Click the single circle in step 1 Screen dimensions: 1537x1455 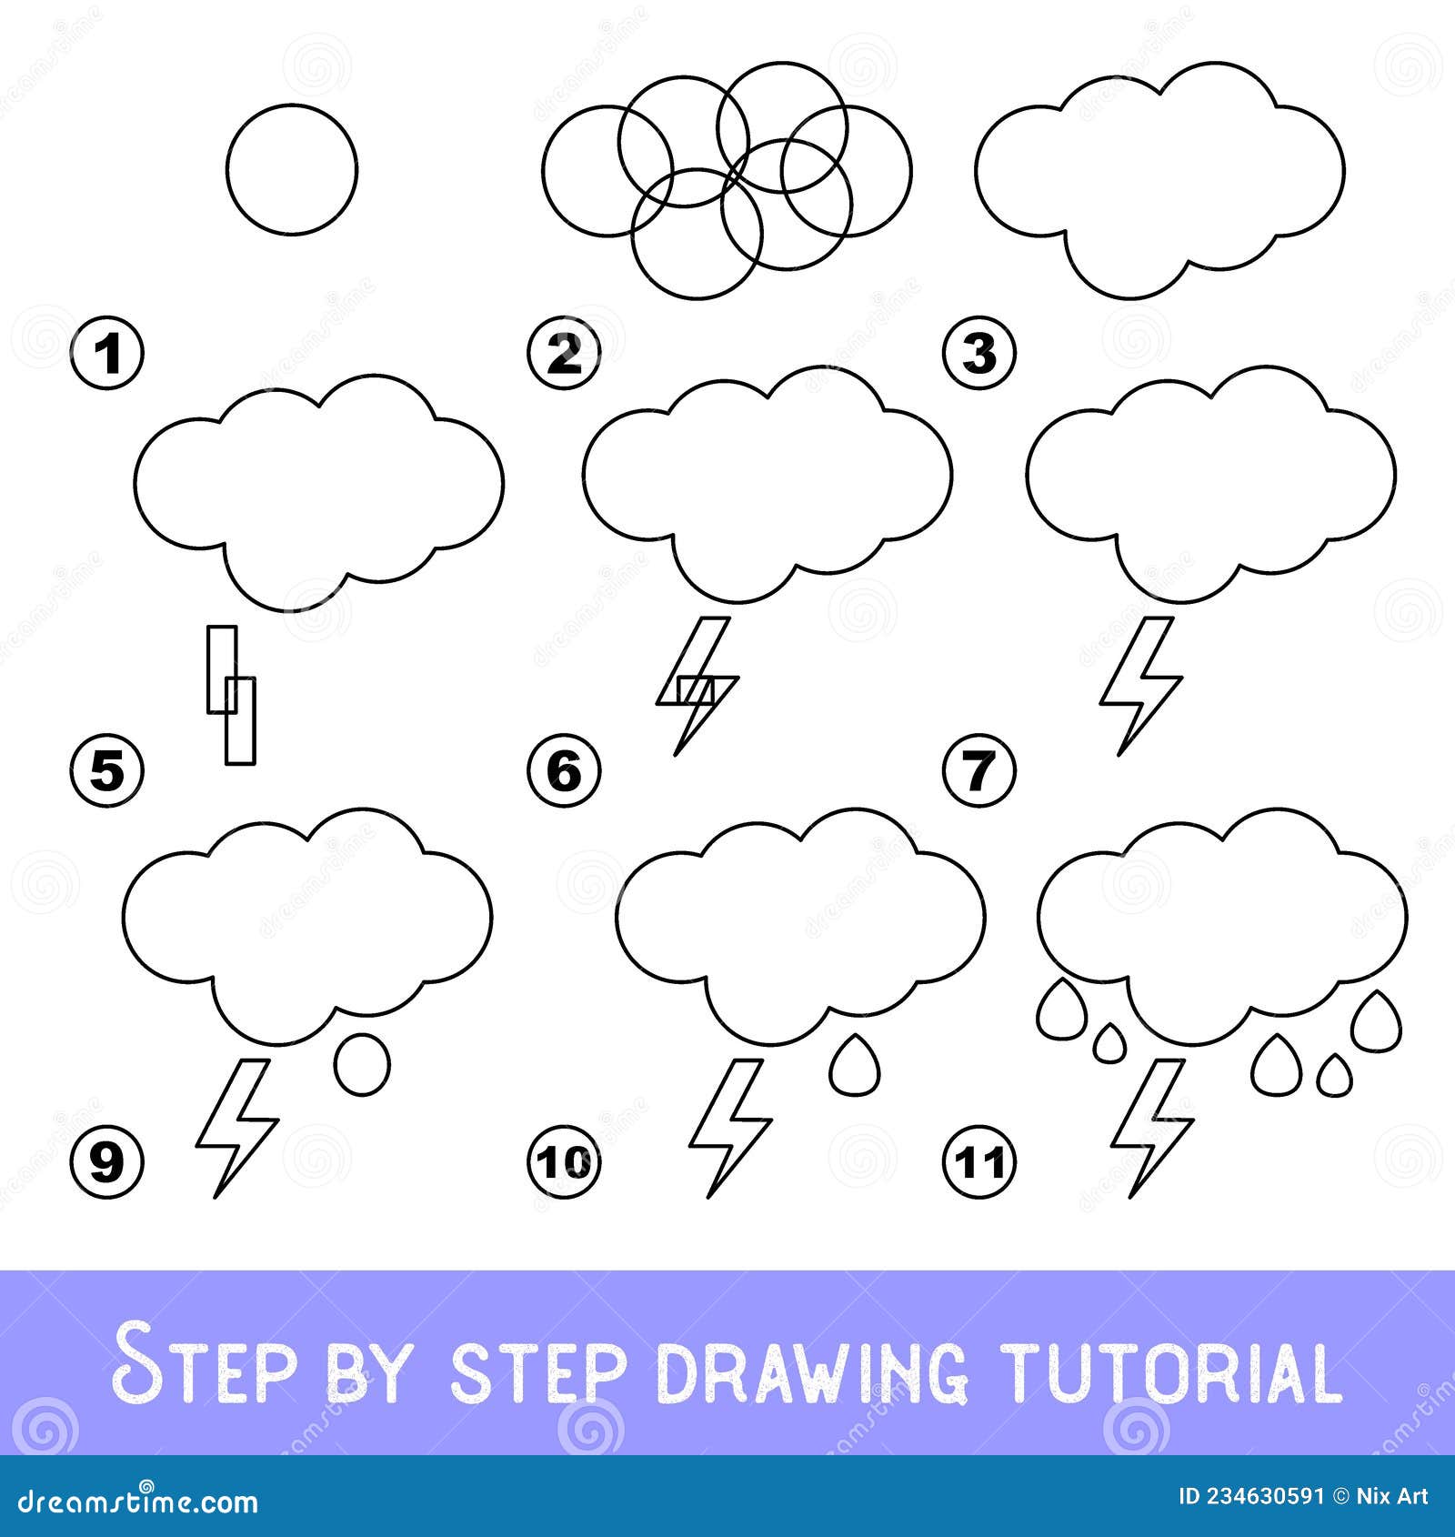(291, 169)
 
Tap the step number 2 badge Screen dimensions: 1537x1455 (564, 355)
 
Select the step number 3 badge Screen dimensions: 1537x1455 (979, 355)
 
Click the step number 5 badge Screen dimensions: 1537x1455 (107, 772)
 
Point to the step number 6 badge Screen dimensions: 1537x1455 (564, 772)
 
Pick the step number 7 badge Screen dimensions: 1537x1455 (979, 772)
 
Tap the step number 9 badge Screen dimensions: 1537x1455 (107, 1161)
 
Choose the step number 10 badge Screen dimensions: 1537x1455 (564, 1161)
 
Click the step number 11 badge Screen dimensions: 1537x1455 (979, 1161)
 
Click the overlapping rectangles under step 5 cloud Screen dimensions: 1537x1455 (231, 693)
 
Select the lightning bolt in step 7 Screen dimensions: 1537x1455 (1140, 687)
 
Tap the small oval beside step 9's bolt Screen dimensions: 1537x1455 (363, 1064)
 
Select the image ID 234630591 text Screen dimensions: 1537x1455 (1250, 1496)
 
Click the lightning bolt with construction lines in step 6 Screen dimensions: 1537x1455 (697, 687)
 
